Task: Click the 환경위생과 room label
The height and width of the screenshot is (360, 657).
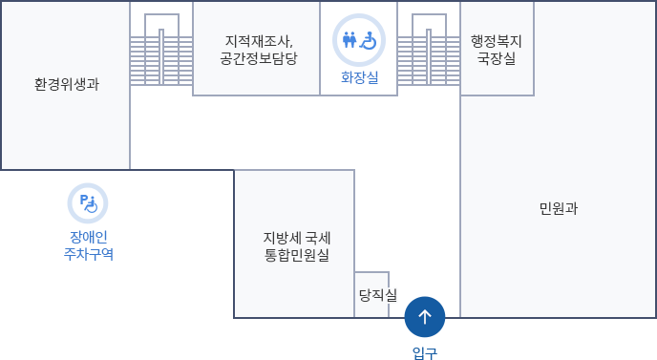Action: coord(66,84)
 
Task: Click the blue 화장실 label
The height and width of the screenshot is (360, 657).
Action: coord(359,77)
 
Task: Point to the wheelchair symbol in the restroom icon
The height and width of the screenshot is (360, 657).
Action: coord(369,40)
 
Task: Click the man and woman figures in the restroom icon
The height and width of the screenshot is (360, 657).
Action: coord(350,40)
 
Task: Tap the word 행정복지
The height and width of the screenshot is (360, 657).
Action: coord(497,41)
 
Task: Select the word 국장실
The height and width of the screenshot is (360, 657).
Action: coord(497,58)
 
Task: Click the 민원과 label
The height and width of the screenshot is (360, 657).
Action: coord(558,208)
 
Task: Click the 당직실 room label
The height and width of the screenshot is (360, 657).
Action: coord(377,295)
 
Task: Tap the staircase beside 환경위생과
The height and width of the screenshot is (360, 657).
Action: coord(161,47)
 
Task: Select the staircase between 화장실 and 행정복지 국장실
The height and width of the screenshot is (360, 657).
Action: coord(429,47)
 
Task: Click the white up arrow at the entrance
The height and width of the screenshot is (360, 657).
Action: coord(425,316)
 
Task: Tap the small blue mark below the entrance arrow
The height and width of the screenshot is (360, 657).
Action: coord(424,353)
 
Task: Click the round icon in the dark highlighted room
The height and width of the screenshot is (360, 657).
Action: coord(88,201)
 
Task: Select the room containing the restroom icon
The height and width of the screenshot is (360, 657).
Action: coord(358,48)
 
